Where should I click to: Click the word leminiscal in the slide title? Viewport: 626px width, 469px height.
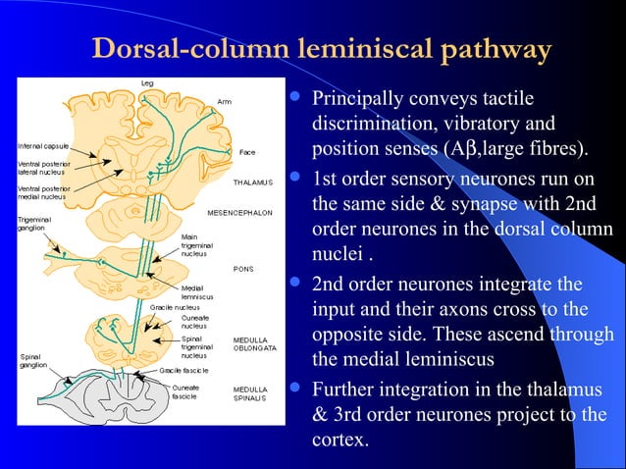click(x=359, y=50)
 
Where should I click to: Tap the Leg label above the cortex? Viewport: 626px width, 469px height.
click(x=146, y=81)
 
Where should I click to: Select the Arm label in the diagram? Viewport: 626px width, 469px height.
click(x=225, y=101)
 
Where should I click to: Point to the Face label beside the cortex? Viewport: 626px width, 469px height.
click(x=247, y=152)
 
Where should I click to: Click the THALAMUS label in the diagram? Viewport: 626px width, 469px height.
click(x=252, y=182)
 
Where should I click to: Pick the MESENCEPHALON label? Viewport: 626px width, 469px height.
click(x=240, y=212)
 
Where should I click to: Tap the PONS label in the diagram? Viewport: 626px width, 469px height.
click(x=243, y=268)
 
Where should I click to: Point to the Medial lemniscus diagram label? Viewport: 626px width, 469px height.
click(x=197, y=292)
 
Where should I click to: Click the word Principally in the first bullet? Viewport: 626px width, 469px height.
click(x=359, y=101)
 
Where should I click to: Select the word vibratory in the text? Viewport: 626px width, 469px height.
click(x=459, y=126)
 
